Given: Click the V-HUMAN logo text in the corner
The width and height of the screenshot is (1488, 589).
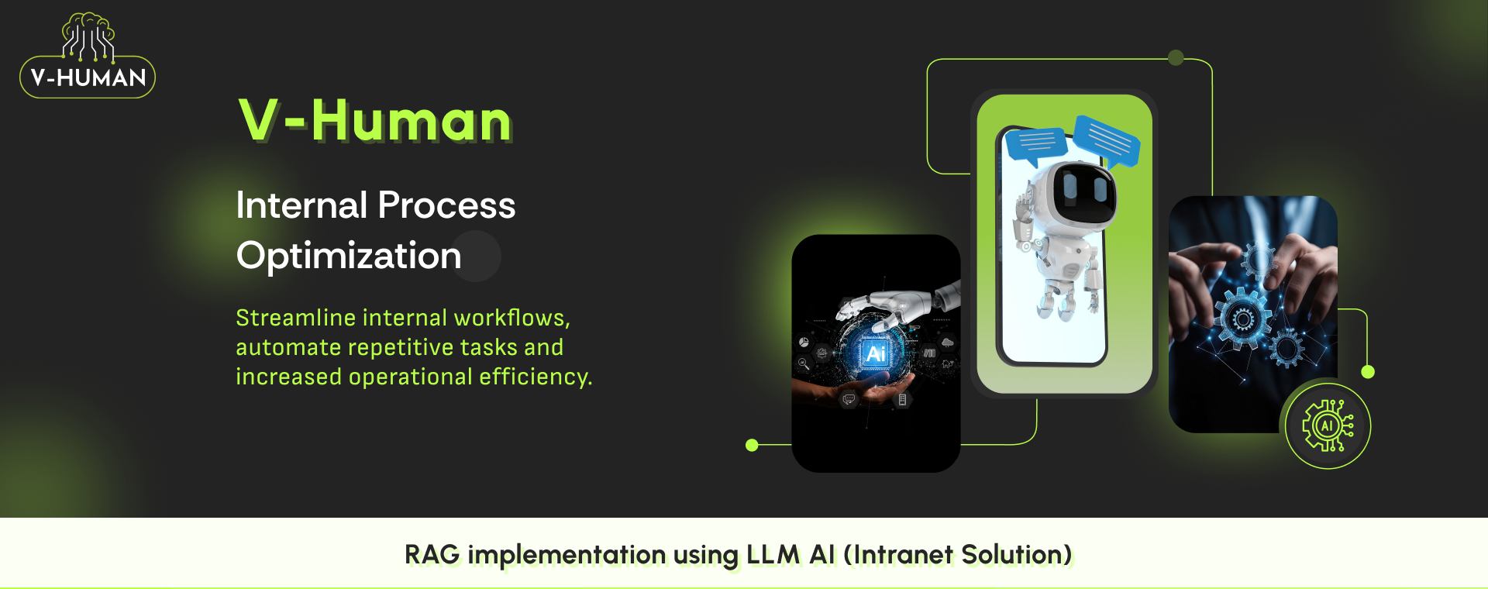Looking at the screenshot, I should tap(88, 77).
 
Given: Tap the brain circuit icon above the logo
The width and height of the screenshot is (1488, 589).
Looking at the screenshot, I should tap(88, 36).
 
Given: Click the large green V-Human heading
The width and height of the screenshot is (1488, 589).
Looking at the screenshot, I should tap(375, 121).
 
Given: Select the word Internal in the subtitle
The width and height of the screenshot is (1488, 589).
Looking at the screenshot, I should tap(301, 205).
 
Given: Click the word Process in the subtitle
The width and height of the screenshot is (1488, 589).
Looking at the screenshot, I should tap(446, 205).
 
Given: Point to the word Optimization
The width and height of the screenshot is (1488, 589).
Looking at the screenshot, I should tap(349, 256).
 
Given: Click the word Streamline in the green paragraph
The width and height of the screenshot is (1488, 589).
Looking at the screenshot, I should tap(295, 318).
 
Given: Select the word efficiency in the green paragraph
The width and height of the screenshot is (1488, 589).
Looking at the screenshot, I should tap(534, 377).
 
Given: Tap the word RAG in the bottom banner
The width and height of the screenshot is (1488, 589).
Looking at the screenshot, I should tap(432, 555).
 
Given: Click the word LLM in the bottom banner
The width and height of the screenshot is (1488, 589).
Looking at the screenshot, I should tap(772, 555).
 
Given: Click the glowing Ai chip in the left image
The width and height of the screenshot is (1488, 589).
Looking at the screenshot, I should tap(876, 354).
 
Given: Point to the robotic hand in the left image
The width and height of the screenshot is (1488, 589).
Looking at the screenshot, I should tap(891, 305).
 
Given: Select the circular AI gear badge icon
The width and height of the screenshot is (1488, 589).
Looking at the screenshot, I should tap(1328, 425).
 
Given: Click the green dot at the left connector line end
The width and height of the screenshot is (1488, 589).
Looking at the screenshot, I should tap(752, 445).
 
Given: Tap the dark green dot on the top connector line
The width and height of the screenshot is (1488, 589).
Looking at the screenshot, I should tap(1176, 58).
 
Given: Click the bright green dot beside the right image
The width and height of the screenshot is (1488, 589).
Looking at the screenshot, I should tap(1368, 372).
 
